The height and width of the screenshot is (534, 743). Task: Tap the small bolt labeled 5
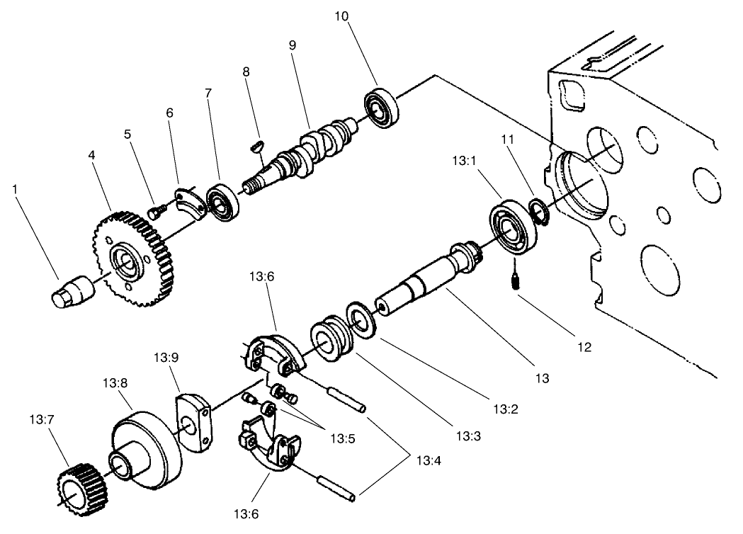coord(157,210)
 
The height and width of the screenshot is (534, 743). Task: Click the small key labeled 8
coord(258,146)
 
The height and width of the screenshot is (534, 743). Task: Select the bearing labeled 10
coord(382,108)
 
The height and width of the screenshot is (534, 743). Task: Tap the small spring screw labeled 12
coord(514,282)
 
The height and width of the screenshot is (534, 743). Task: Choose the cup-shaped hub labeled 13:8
coord(145,450)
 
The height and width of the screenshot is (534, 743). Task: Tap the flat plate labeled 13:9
coord(193,421)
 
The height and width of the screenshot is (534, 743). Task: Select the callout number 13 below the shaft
coord(542,378)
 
